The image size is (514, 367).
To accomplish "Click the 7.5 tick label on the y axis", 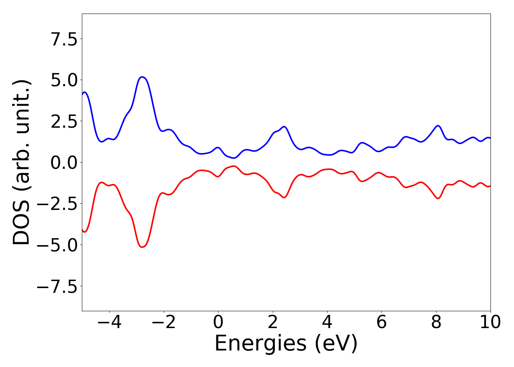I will pyautogui.click(x=64, y=39).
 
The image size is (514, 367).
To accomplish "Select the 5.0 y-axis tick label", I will pyautogui.click(x=64, y=80).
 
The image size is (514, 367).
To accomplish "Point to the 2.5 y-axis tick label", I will pyautogui.click(x=64, y=121).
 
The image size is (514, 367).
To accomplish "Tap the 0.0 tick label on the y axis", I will pyautogui.click(x=64, y=163).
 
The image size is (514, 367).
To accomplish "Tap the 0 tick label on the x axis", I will pyautogui.click(x=218, y=322).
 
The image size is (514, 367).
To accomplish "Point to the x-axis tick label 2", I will pyautogui.click(x=272, y=322).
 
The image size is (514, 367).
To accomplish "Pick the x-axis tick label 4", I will pyautogui.click(x=327, y=322).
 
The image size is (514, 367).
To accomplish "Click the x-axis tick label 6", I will pyautogui.click(x=381, y=322).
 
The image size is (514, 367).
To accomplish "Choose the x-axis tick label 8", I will pyautogui.click(x=436, y=322).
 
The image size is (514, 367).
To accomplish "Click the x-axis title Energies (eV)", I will pyautogui.click(x=286, y=344).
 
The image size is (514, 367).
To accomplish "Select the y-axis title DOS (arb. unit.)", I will pyautogui.click(x=22, y=162).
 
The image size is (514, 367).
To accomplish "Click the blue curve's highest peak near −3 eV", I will pyautogui.click(x=142, y=77).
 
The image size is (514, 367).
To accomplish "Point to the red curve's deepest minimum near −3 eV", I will pyautogui.click(x=142, y=247).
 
